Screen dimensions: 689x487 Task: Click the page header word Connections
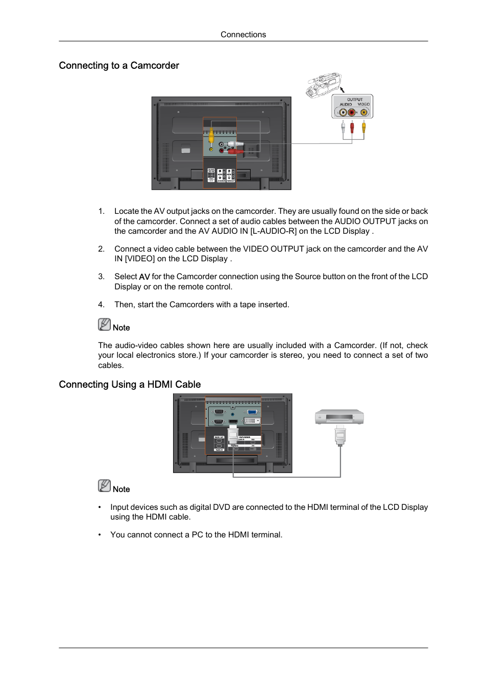pos(243,35)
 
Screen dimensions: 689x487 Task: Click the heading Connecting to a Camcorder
pos(119,65)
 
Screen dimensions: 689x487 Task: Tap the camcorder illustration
pos(324,84)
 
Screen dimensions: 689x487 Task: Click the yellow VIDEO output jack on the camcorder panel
pos(364,112)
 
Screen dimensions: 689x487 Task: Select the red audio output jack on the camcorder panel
pos(352,112)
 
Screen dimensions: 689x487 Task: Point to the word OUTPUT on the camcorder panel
pos(355,100)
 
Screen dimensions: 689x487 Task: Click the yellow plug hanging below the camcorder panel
pos(363,127)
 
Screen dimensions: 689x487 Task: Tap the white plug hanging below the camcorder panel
pos(343,127)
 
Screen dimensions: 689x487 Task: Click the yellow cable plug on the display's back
pos(211,137)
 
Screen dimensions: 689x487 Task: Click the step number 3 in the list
pos(101,277)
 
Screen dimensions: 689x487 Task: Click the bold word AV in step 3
pos(144,277)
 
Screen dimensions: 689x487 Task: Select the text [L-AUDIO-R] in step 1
pos(273,231)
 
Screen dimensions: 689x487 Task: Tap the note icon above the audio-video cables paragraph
pos(104,325)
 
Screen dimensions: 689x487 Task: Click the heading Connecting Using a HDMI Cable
pos(130,384)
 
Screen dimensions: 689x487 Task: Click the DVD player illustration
pos(339,417)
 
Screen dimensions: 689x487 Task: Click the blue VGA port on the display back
pos(252,411)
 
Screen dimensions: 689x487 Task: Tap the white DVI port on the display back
pos(252,421)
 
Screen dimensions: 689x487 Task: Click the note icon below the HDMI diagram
pos(104,486)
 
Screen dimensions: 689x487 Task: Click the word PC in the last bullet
pos(197,535)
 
